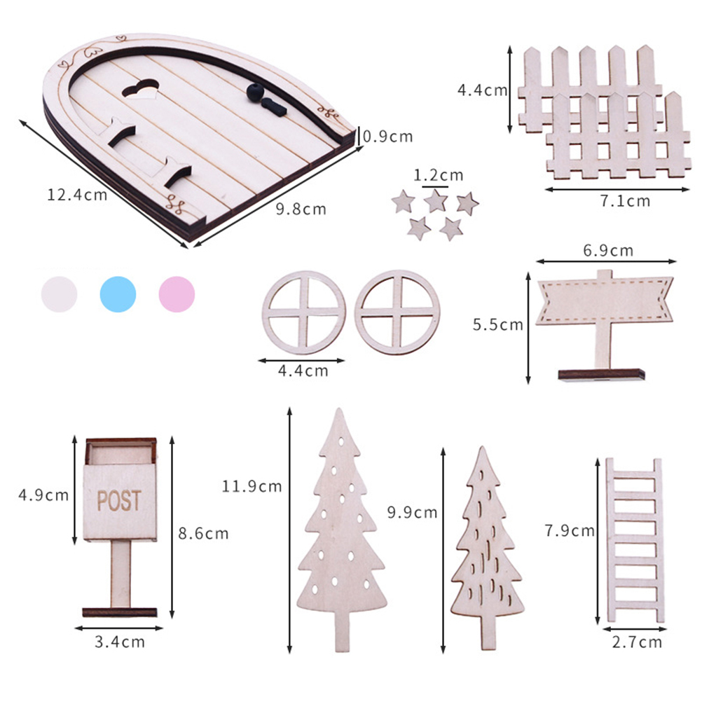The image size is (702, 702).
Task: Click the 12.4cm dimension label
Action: (x=77, y=195)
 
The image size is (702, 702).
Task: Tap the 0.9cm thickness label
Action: (x=387, y=136)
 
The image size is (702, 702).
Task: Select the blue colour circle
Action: (x=118, y=294)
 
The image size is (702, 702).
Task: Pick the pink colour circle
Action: (x=177, y=294)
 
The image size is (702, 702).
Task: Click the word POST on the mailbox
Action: (x=119, y=500)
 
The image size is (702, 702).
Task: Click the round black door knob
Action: (x=255, y=92)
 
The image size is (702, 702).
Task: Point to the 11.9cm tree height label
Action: (x=252, y=486)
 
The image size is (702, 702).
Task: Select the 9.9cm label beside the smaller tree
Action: (x=412, y=512)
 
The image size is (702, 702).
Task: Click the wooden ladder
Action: (x=635, y=540)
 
